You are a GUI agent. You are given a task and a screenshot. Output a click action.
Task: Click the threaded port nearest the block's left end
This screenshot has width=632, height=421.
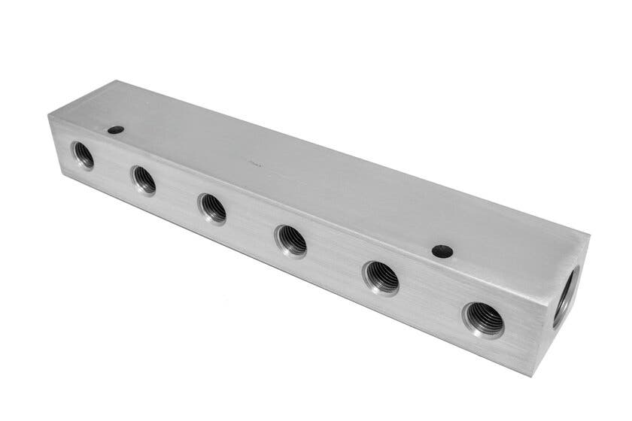83,155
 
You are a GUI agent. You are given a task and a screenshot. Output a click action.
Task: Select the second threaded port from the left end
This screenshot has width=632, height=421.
143,180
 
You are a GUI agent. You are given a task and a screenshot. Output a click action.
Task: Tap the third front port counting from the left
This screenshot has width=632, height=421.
211,207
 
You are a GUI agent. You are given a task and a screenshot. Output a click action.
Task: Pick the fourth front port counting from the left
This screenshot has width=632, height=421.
290,240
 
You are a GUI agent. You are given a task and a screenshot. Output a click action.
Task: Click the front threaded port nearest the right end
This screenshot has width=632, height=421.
482,319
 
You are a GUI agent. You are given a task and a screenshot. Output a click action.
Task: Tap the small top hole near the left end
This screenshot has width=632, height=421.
115,129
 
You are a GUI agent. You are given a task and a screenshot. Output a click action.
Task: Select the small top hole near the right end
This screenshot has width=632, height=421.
442,251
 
